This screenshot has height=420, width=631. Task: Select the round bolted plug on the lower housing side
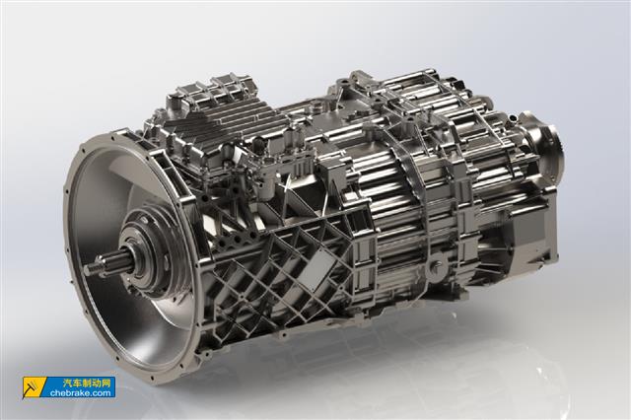(x=436, y=267)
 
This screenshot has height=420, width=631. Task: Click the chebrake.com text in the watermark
(x=81, y=393)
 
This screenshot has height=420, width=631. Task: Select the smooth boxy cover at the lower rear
(x=531, y=238)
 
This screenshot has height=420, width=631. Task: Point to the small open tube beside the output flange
(x=512, y=119)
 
